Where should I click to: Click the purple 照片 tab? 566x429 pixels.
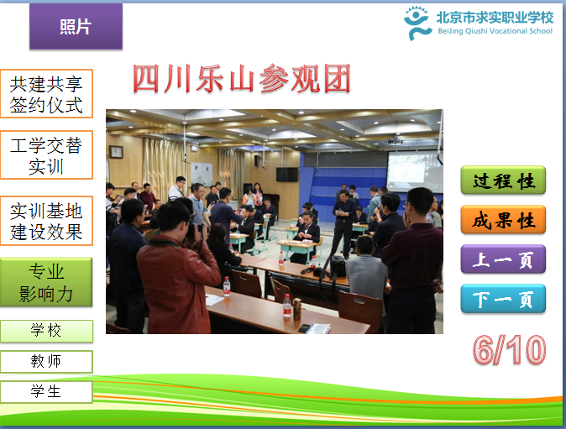[x=76, y=26]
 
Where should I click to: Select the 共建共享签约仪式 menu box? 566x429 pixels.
[x=46, y=94]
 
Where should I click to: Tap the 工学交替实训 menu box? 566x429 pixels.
[x=46, y=155]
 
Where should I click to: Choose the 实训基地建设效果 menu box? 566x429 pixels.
[x=46, y=221]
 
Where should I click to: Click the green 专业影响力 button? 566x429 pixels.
[x=46, y=282]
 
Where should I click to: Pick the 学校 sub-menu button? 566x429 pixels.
[x=46, y=331]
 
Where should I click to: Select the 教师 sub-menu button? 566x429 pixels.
[x=46, y=362]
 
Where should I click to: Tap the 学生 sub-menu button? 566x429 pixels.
[x=46, y=392]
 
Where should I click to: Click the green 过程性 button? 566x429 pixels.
[x=503, y=180]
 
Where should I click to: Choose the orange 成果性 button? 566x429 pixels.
[x=503, y=219]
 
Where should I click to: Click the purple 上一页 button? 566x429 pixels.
[x=503, y=259]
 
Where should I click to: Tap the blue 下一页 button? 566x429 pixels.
[x=503, y=298]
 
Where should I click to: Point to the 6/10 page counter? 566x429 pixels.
[x=510, y=349]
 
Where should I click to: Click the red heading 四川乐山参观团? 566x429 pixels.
[x=242, y=78]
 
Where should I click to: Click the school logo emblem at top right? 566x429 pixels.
[x=417, y=24]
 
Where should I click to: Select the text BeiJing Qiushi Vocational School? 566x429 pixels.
[x=495, y=31]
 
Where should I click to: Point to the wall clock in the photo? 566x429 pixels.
[x=116, y=152]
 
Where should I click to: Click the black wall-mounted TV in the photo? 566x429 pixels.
[x=287, y=175]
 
